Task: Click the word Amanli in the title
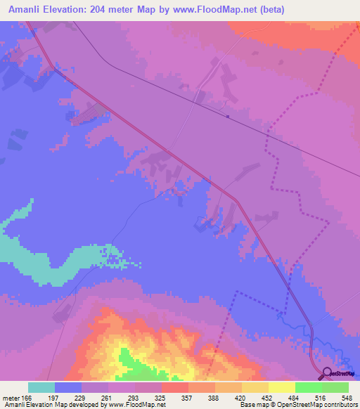point(28,10)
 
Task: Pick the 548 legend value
point(347,396)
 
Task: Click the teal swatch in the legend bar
point(41,387)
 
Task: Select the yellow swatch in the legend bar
point(282,387)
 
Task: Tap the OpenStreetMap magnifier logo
point(326,375)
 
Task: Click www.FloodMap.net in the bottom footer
point(136,405)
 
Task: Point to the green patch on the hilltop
point(129,359)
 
